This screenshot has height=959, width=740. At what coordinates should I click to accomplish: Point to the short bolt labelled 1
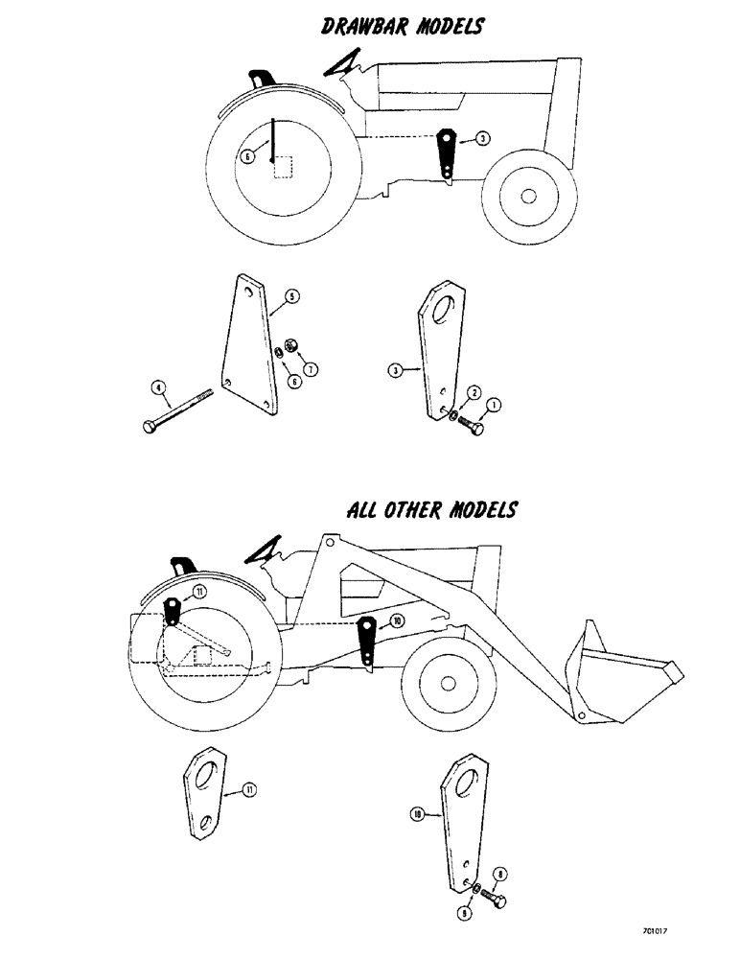[x=472, y=423]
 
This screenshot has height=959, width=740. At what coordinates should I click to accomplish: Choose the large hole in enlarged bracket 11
[x=204, y=773]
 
